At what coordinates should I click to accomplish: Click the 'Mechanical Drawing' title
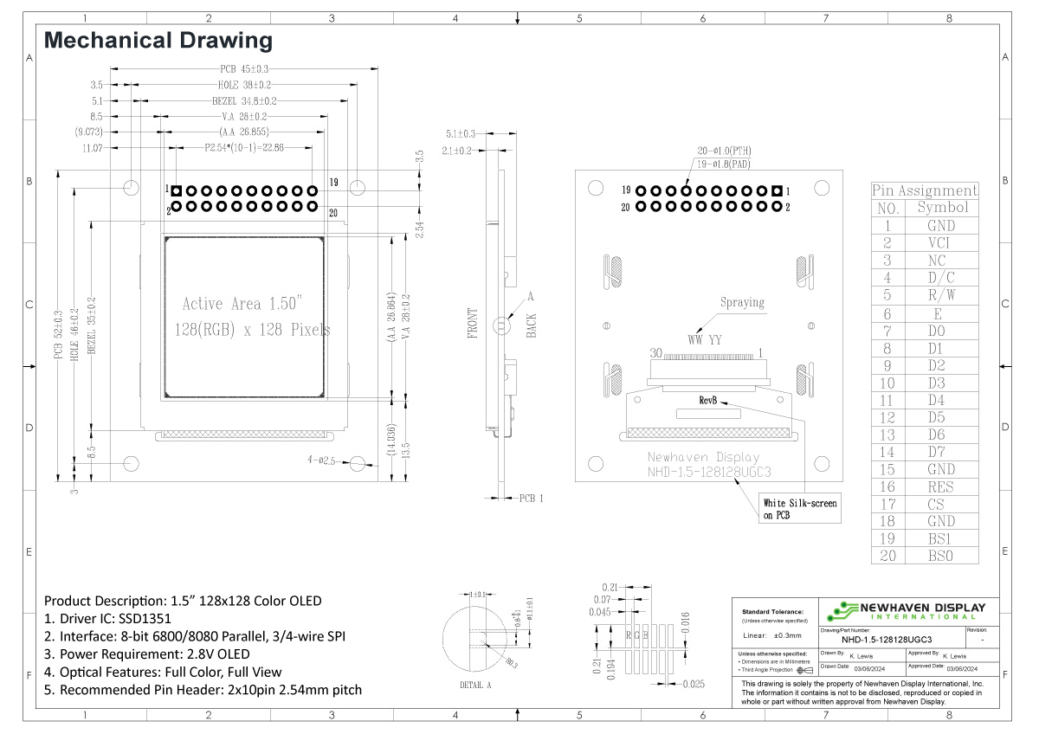coord(158,40)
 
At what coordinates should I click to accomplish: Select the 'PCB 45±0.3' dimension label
coord(245,69)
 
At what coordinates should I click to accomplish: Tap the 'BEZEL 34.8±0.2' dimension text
coord(244,100)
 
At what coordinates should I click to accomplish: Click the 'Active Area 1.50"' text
coord(242,304)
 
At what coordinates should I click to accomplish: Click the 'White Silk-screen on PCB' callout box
coord(800,509)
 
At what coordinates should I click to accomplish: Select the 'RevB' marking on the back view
coord(709,401)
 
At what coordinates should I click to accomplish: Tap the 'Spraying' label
coord(742,303)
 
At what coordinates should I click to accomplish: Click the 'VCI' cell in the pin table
coord(941,243)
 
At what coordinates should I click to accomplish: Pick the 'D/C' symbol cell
coord(941,278)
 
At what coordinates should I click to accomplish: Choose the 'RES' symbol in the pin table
coord(941,486)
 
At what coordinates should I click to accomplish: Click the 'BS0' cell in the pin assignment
coord(941,556)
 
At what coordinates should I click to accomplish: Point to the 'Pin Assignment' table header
coord(924,190)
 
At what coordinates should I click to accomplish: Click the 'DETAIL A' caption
coord(475,685)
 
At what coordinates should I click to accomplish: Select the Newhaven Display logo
coord(905,609)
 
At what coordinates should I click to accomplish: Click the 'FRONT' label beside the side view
coord(473,323)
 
